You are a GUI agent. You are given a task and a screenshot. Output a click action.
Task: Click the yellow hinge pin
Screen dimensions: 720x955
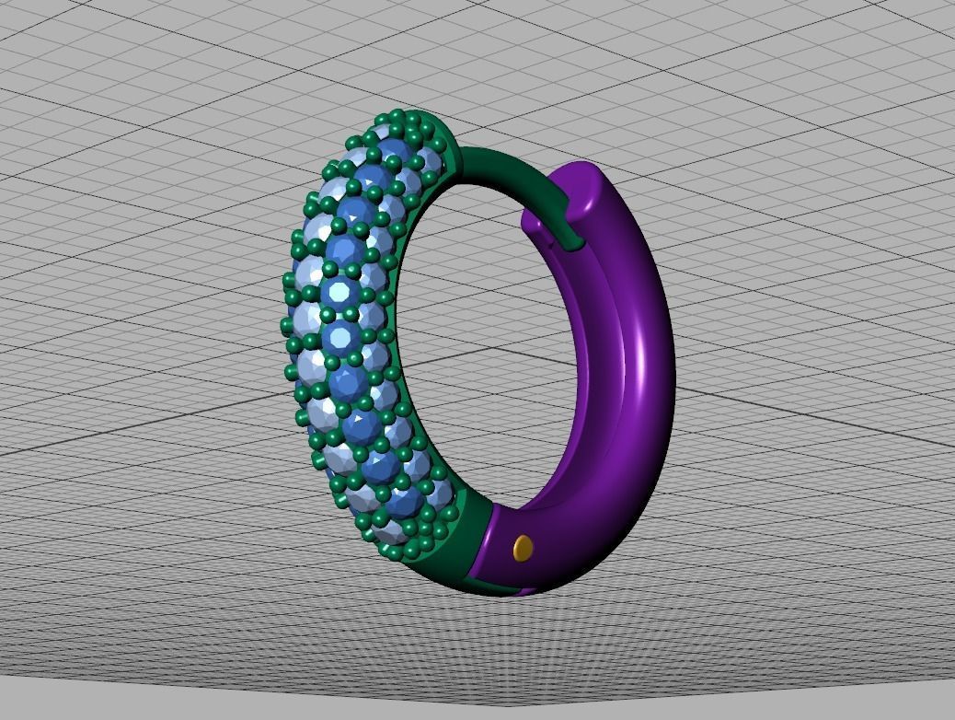click(523, 548)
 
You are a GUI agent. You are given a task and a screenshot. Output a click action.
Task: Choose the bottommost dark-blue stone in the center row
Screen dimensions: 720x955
click(404, 502)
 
